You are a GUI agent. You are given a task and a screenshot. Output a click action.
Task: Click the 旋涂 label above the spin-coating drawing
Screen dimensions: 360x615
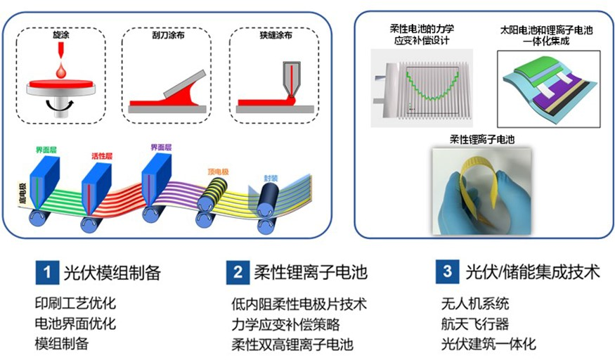point(62,34)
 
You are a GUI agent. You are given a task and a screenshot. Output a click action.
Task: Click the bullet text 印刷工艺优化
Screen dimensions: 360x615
point(75,304)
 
